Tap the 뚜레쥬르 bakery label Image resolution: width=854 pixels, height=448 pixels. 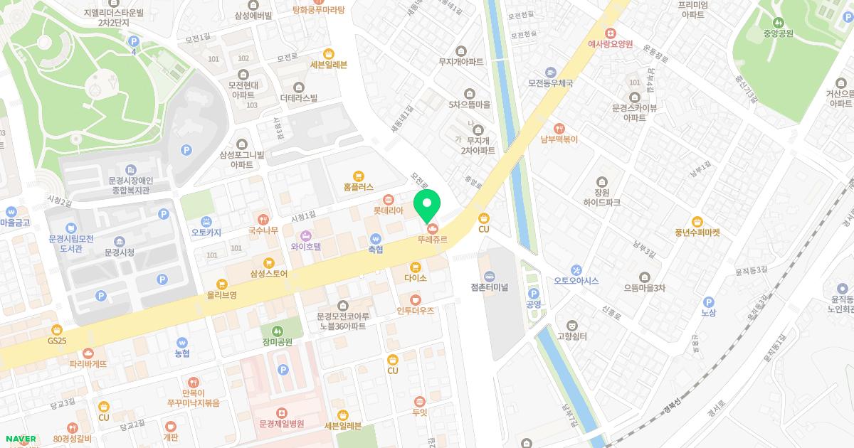coord(433,240)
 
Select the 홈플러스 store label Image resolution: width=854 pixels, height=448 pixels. coord(358,186)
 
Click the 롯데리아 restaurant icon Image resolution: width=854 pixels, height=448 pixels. coord(388,199)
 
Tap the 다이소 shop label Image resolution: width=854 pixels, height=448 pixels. coord(415,278)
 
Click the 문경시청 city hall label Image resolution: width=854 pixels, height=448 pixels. coord(119,252)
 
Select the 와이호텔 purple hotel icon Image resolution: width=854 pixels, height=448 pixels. coord(306,235)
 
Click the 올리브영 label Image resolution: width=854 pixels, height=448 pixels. coord(222,294)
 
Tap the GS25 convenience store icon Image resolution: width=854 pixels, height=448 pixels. coord(57,329)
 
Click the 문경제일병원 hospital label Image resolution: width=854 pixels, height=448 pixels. coord(281,423)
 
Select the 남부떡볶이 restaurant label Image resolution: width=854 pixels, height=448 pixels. coord(559,140)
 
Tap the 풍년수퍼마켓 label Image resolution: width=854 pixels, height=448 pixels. coord(697,232)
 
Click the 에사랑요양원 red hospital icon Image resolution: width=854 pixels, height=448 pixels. coord(610,33)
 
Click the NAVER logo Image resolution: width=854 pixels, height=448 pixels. coord(19,439)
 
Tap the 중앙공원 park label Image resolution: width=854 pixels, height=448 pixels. coord(778,33)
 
